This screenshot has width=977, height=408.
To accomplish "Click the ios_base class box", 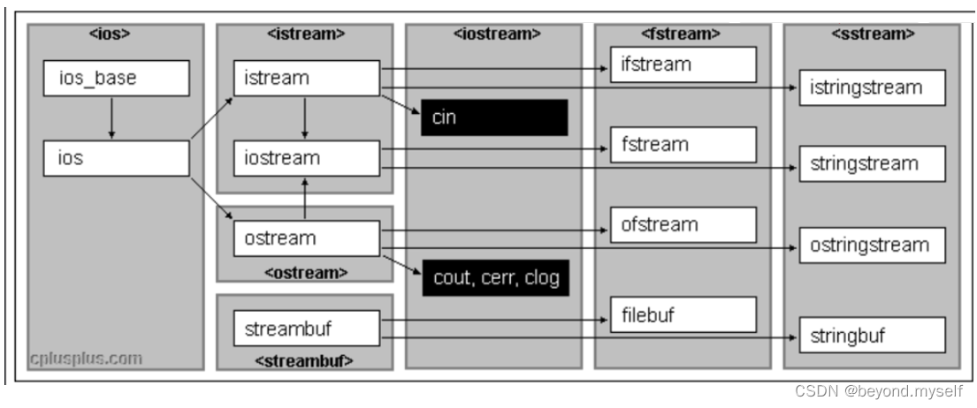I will click(x=116, y=79).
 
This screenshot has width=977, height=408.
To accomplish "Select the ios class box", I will click(x=116, y=158).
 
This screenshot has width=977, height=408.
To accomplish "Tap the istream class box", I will click(x=306, y=79).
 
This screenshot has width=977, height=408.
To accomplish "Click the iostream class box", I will click(x=306, y=158).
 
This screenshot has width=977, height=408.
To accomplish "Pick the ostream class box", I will click(x=306, y=238).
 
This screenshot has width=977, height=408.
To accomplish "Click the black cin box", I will click(x=494, y=117).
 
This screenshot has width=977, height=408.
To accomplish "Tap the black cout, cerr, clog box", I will click(x=494, y=277).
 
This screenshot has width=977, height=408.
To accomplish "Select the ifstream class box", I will click(x=683, y=64).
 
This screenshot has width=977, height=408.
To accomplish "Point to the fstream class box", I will click(x=683, y=144).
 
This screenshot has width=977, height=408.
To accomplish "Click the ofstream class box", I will click(x=683, y=224).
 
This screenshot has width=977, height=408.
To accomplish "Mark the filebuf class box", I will click(x=683, y=314).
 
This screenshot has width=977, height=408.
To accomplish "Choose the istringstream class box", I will click(x=872, y=87).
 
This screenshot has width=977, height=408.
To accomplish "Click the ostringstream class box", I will click(x=872, y=246).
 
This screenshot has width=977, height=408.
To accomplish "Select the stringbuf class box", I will click(x=872, y=336).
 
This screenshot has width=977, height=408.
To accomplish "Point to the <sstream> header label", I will click(x=872, y=34).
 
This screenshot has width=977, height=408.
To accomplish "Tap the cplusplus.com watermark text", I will click(x=86, y=359).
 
